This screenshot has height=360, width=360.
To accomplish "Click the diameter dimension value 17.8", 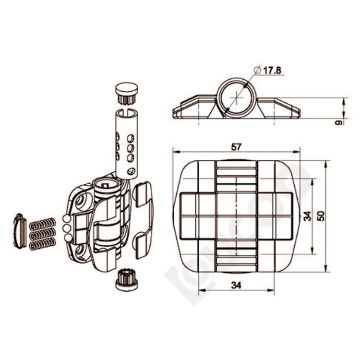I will [x=272, y=71].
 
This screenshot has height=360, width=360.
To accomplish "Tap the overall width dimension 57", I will [x=236, y=146].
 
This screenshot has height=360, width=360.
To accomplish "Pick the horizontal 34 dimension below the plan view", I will [x=236, y=285].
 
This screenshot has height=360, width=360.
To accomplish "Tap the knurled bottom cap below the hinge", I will [x=127, y=279].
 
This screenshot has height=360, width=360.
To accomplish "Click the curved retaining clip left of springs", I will [x=20, y=231].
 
